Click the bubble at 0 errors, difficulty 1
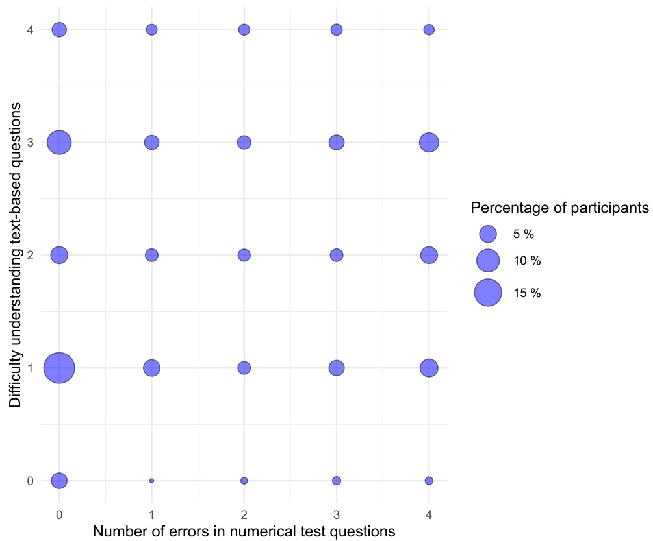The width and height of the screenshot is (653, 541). tap(59, 368)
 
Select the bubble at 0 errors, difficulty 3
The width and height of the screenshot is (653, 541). tap(59, 142)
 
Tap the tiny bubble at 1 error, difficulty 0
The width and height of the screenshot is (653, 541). tap(151, 481)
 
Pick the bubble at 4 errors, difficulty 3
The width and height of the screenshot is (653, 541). tap(429, 142)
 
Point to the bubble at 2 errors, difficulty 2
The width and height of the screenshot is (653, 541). tap(244, 255)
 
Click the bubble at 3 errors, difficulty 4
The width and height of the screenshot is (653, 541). tap(337, 29)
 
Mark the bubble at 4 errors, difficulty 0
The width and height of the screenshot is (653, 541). tap(429, 481)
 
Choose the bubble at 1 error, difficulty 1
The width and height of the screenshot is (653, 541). tap(151, 368)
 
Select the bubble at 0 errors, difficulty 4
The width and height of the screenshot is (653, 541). tap(59, 29)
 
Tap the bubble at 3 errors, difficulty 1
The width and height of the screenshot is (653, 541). tap(337, 368)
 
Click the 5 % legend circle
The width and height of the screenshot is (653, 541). tap(488, 234)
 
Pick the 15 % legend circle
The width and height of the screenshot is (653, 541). tap(488, 293)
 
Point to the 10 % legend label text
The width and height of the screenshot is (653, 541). tap(527, 261)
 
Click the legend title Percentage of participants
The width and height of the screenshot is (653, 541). tap(559, 208)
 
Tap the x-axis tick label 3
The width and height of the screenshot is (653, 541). tap(337, 514)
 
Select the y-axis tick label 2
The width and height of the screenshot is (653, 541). tap(30, 255)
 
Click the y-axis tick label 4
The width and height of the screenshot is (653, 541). tap(30, 29)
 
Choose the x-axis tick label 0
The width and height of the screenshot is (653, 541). tap(59, 514)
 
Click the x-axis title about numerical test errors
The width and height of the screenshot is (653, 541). tap(244, 531)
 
